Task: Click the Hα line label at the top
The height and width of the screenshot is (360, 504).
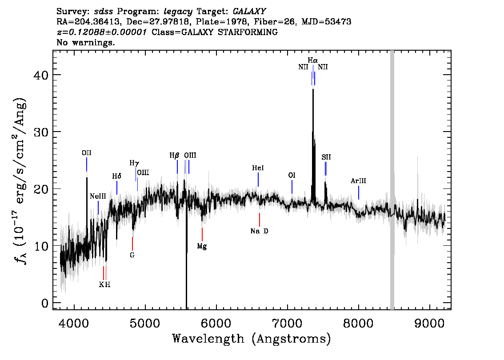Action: point(313,60)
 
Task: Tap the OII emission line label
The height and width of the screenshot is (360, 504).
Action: point(87,153)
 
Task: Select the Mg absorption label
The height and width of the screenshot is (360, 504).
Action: point(202,246)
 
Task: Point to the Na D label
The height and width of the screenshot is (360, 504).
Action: point(259,231)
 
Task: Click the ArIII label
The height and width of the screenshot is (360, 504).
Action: point(358,180)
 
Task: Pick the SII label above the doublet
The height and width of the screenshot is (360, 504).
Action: point(326,157)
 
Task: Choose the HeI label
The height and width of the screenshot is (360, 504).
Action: point(258,168)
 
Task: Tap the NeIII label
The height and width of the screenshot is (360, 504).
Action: point(98,196)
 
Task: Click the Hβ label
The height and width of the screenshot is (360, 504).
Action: point(174,156)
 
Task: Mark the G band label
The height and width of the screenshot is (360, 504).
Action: point(132,255)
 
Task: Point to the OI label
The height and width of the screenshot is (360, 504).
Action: point(292,175)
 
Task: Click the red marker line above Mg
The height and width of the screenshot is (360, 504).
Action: point(202,234)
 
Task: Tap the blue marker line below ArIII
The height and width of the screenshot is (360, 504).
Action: point(358,192)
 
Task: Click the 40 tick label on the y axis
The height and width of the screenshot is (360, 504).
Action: point(41,75)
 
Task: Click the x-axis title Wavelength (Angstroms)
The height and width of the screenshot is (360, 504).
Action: point(252,339)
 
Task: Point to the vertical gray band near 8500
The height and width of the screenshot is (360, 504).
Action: point(392,180)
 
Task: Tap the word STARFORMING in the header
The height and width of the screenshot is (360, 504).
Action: point(248,32)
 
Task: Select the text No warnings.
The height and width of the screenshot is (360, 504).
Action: point(85,42)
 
